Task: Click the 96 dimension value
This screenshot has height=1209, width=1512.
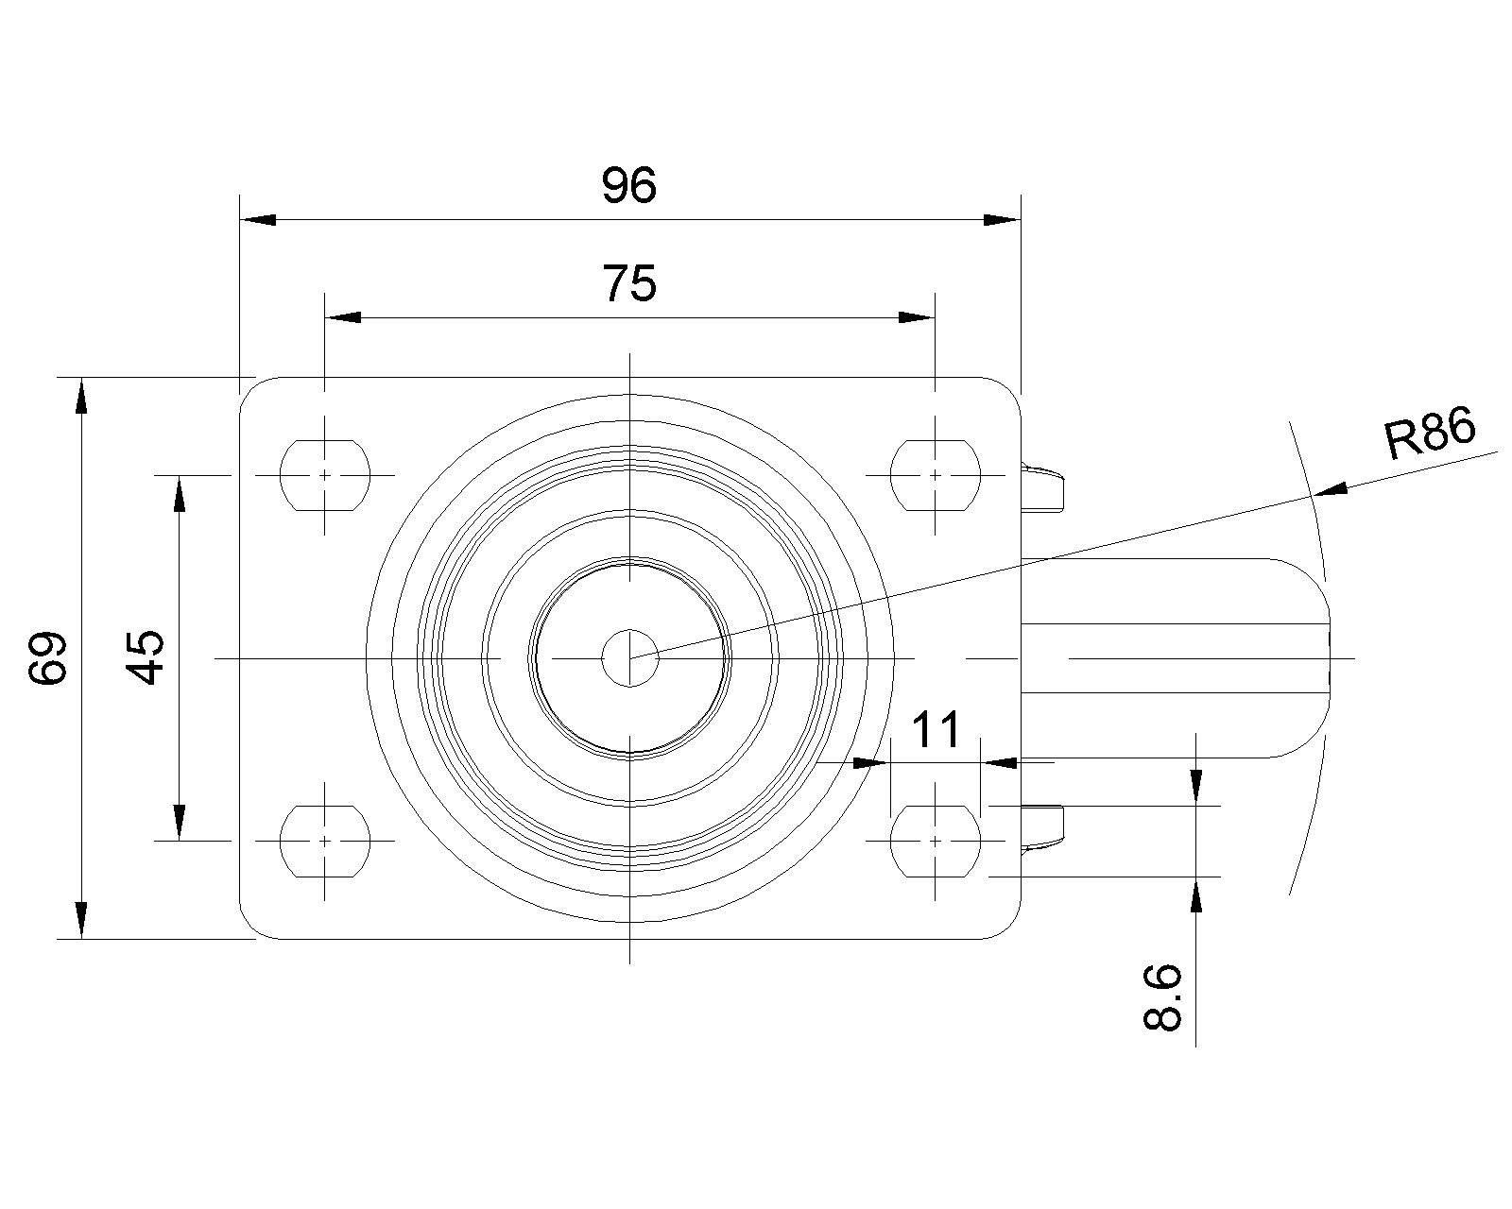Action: [x=628, y=186]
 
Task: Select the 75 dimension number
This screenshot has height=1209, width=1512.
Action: [x=629, y=283]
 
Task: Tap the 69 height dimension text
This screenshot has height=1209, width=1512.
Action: [x=47, y=657]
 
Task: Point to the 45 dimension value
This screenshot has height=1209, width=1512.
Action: [x=146, y=657]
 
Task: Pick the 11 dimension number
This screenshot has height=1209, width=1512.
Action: [x=936, y=730]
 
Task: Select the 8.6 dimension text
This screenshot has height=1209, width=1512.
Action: [x=1162, y=997]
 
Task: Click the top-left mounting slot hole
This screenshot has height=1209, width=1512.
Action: [x=325, y=475]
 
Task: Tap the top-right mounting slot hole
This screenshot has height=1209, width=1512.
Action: [x=935, y=475]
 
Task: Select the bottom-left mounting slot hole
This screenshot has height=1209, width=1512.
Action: [x=325, y=840]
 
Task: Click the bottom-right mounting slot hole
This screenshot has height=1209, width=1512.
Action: [x=935, y=840]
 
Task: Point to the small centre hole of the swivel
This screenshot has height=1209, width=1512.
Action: [x=630, y=657]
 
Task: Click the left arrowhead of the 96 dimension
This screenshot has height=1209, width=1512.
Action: [x=258, y=220]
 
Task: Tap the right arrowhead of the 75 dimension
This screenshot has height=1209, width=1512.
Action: [x=916, y=317]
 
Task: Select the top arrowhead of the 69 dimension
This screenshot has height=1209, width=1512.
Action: [x=82, y=395]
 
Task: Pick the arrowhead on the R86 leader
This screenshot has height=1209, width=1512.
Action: [x=1332, y=489]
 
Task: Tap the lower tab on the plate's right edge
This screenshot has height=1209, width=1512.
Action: [x=1044, y=829]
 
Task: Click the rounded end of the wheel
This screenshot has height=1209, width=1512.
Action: [x=1309, y=657]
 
